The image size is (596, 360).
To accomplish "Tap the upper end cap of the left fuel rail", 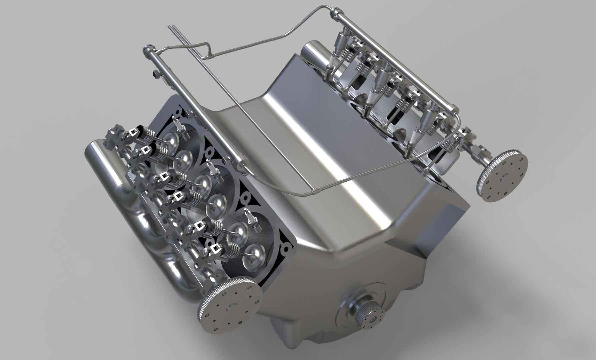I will tap(147, 50).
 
